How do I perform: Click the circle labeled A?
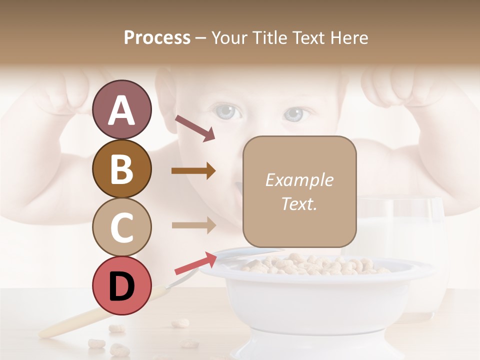click(121, 110)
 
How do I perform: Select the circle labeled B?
click(121, 168)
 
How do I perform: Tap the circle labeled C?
click(121, 227)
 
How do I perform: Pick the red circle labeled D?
click(121, 285)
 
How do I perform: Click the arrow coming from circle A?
click(195, 128)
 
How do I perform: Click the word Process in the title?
click(157, 37)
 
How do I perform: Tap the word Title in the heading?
click(270, 37)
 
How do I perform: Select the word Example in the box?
click(299, 180)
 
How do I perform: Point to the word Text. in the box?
click(299, 203)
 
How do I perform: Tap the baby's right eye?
click(296, 114)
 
